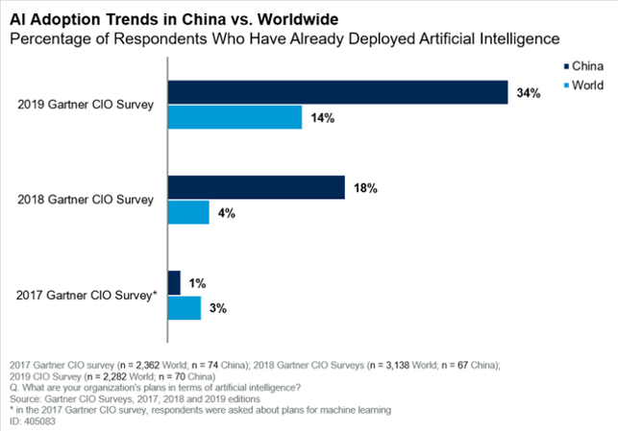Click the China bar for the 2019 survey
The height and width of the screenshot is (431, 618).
click(338, 92)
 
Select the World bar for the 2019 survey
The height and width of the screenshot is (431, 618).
click(236, 116)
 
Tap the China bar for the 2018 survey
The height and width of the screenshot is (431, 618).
click(257, 187)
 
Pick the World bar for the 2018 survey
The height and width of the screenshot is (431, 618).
click(189, 211)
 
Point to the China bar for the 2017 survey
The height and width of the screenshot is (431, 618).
click(175, 283)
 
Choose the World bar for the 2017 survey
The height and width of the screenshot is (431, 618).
click(185, 307)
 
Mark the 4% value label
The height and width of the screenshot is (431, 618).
click(227, 212)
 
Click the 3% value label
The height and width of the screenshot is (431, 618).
click(218, 308)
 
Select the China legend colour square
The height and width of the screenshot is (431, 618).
click(563, 67)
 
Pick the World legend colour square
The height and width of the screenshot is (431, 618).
click(563, 85)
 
